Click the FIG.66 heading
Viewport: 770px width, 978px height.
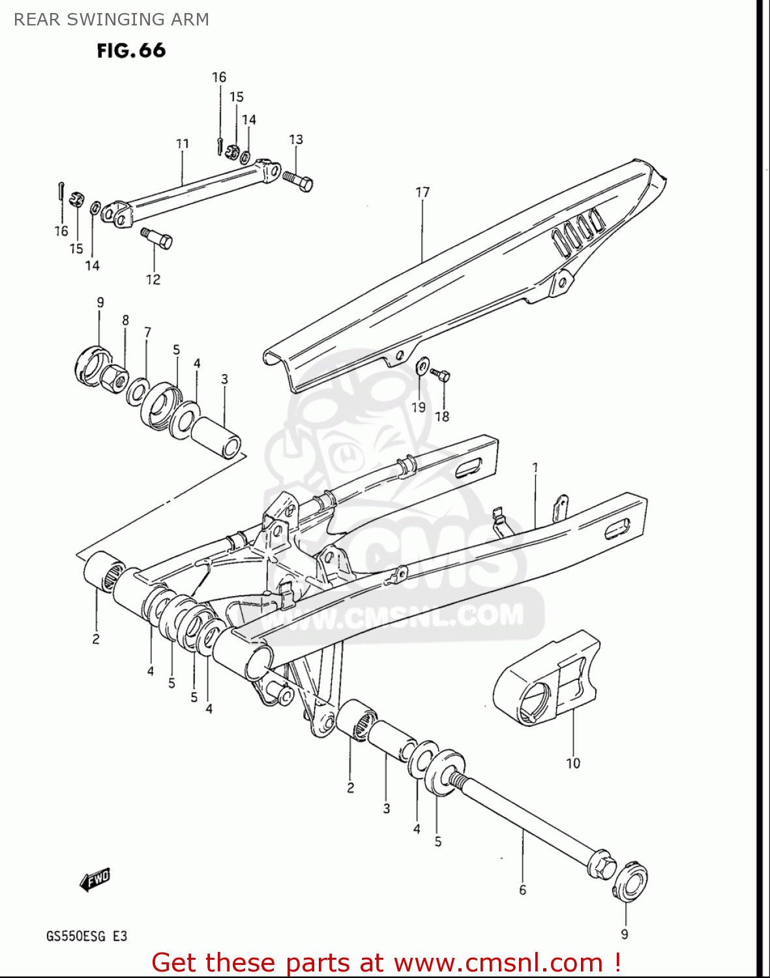click(131, 51)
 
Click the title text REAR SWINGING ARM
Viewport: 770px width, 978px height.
click(111, 20)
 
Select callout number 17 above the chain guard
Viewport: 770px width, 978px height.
click(422, 192)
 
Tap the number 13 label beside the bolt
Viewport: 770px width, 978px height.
click(296, 140)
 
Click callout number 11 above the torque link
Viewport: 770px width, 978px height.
click(183, 143)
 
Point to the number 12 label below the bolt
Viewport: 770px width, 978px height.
click(153, 279)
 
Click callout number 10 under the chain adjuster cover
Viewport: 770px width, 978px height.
click(572, 763)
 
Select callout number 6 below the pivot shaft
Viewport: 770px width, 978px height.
click(522, 889)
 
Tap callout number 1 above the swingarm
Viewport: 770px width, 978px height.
click(535, 467)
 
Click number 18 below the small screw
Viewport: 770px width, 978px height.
click(442, 416)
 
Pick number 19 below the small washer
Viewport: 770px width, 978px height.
click(418, 407)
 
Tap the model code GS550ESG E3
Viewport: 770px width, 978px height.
click(86, 936)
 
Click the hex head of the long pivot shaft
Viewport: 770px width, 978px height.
click(601, 863)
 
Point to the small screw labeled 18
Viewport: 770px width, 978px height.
click(442, 376)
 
